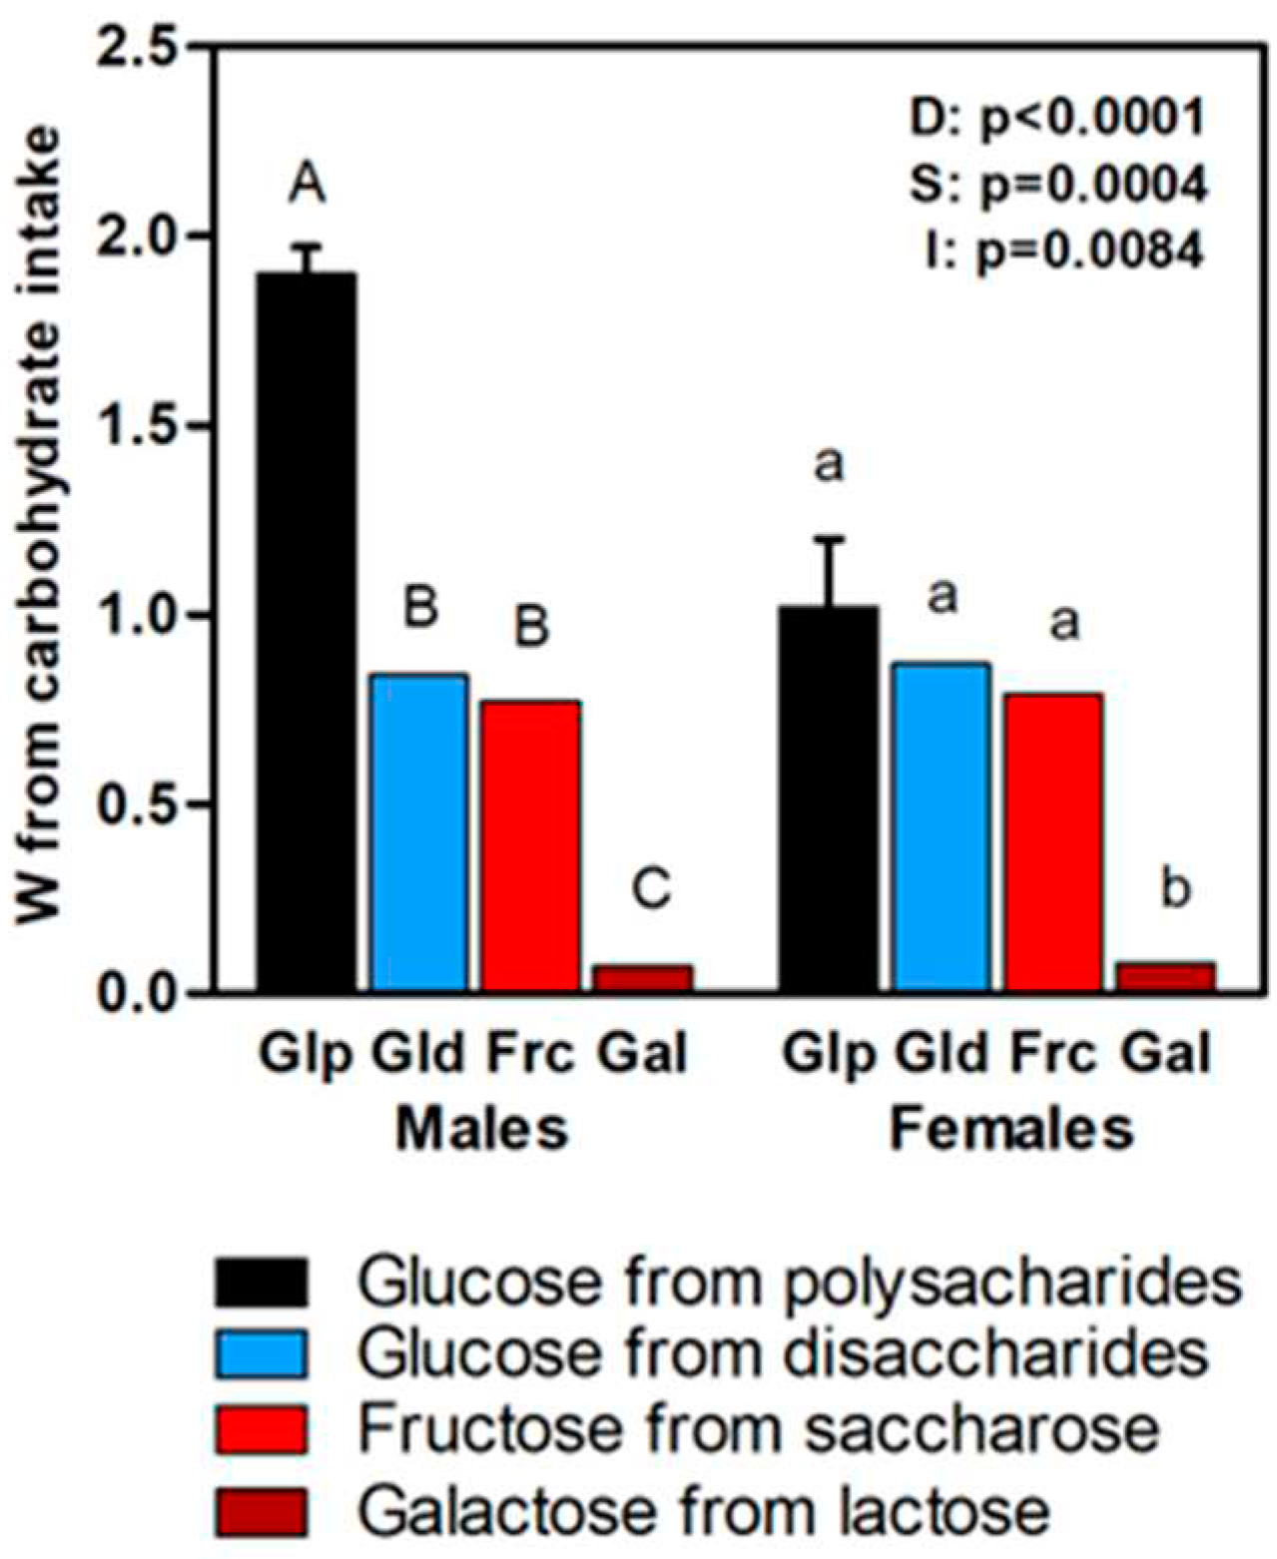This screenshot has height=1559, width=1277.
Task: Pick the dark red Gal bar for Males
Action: click(643, 977)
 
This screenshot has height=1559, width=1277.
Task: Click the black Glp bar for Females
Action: click(829, 798)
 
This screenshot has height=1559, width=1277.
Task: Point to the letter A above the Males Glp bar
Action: click(307, 185)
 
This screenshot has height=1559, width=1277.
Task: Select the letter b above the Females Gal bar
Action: click(1175, 887)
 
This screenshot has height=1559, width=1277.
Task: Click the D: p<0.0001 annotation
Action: click(1056, 118)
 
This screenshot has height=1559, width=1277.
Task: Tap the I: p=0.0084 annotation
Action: click(1063, 250)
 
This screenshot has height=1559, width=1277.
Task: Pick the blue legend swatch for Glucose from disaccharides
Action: click(261, 1353)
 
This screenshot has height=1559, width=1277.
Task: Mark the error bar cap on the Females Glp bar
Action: click(829, 539)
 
